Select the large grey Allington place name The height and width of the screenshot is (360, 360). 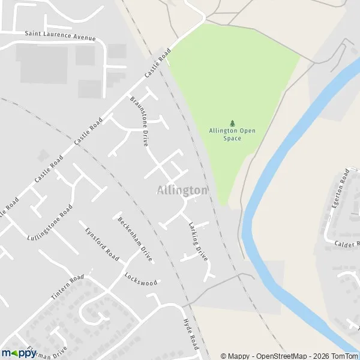pyautogui.click(x=182, y=190)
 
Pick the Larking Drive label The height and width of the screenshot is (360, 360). pyautogui.click(x=198, y=241)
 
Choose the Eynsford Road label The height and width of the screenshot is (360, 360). pyautogui.click(x=101, y=243)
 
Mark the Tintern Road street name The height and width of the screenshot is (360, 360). pyautogui.click(x=68, y=288)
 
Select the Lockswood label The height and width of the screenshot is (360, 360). pyautogui.click(x=141, y=279)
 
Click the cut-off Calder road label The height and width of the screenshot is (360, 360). pyautogui.click(x=346, y=244)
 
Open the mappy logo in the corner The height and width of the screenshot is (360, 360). pyautogui.click(x=19, y=353)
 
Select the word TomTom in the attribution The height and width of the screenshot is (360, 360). pyautogui.click(x=343, y=356)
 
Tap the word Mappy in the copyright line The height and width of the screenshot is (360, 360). pyautogui.click(x=239, y=356)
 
